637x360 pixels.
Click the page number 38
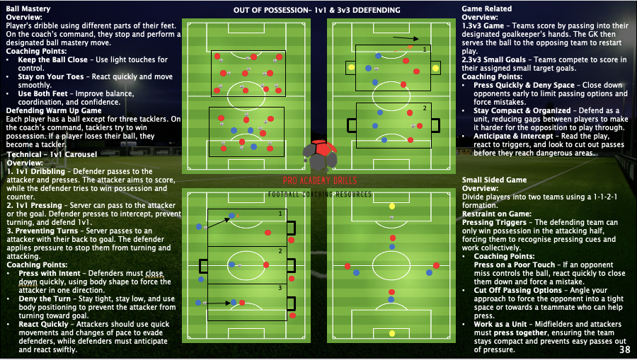pyautogui.click(x=624, y=349)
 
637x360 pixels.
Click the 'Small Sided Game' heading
pyautogui.click(x=494, y=180)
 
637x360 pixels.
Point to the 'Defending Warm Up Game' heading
pyautogui.click(x=54, y=110)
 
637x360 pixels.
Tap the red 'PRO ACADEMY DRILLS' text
pyautogui.click(x=320, y=181)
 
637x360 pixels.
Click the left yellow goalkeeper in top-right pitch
pyautogui.click(x=351, y=68)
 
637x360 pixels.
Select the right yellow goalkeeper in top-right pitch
pyautogui.click(x=434, y=69)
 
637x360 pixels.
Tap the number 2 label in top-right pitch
pyautogui.click(x=425, y=108)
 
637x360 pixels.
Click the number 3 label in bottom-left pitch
pyautogui.click(x=280, y=288)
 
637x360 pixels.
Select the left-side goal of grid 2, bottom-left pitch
pyautogui.click(x=203, y=266)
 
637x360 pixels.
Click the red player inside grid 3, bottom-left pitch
pyautogui.click(x=242, y=303)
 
